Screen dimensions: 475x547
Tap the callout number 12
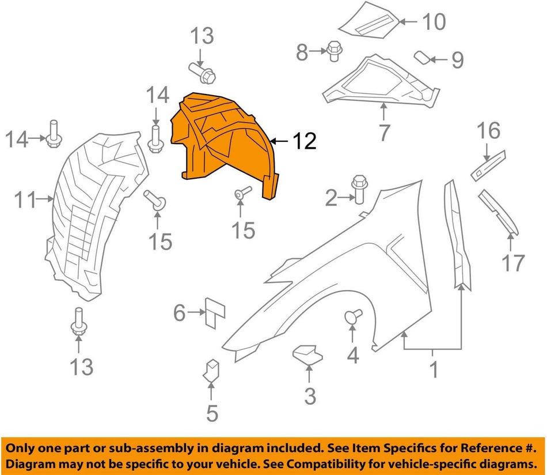(304, 141)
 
